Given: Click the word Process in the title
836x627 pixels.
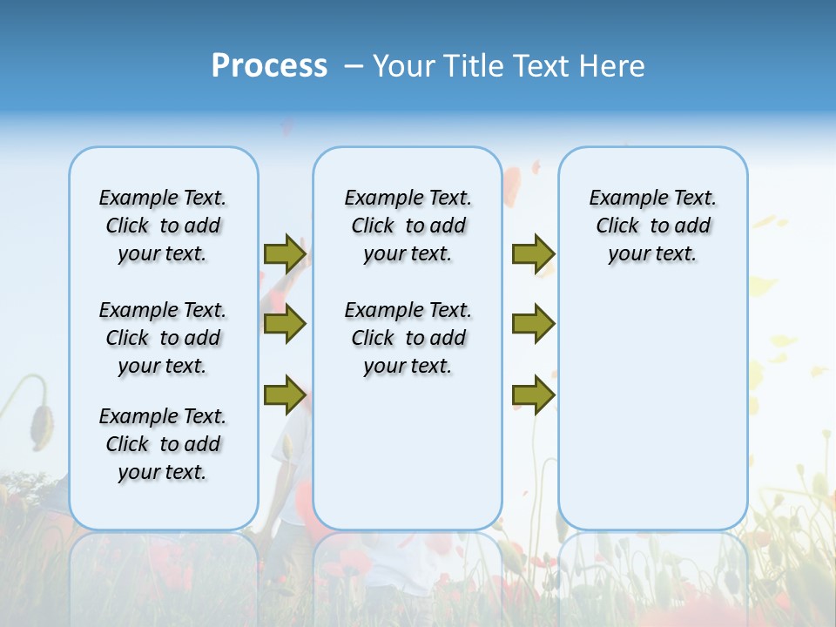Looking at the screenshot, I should pos(269,66).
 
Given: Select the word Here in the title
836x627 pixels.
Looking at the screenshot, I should pos(613,66).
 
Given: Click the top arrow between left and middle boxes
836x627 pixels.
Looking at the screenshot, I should pos(285,254).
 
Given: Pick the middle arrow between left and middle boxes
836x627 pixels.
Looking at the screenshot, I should pos(285,324).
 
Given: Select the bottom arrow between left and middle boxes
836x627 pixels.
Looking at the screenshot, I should pos(285,394).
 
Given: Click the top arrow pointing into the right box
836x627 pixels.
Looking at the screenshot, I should pos(533,254).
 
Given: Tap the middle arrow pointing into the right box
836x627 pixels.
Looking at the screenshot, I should pos(533,324).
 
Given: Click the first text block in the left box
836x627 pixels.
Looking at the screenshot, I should pos(163,226).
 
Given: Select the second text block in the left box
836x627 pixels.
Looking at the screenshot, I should pos(163,338).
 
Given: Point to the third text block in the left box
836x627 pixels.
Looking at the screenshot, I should pos(163,444).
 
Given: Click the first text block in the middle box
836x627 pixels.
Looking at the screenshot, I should pos(408,226).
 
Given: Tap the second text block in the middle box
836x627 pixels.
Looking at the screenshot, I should pos(408,338).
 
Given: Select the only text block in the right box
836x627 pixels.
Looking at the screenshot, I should pos(653,226).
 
